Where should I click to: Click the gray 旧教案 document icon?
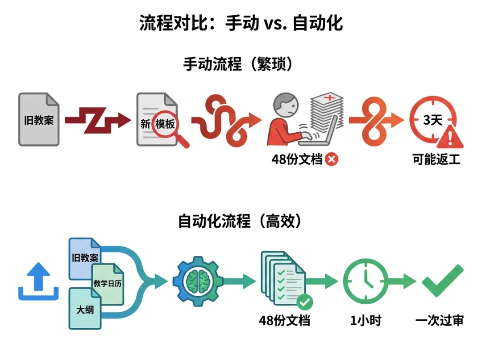pyautogui.click(x=39, y=119)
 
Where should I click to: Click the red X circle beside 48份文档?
pyautogui.click(x=332, y=159)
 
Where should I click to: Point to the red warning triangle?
pyautogui.click(x=449, y=138)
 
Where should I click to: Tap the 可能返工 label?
pyautogui.click(x=436, y=159)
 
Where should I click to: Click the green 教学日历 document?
pyautogui.click(x=108, y=282)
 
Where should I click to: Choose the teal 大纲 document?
pyautogui.click(x=85, y=308)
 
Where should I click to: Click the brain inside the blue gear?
pyautogui.click(x=197, y=280)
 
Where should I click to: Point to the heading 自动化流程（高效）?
pyautogui.click(x=240, y=221)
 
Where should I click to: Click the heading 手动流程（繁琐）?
pyautogui.click(x=240, y=64)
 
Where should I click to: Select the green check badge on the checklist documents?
pyautogui.click(x=304, y=302)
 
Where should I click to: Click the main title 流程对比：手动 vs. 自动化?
pyautogui.click(x=241, y=23)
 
